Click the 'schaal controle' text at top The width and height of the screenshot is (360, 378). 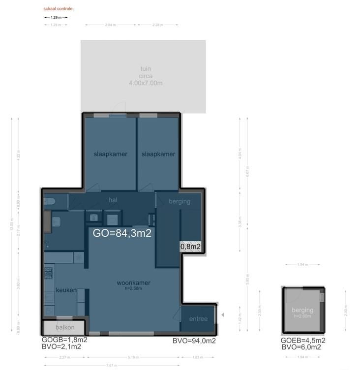click(58, 9)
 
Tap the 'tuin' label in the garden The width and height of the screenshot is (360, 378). click(145, 69)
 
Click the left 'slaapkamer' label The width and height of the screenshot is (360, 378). click(110, 154)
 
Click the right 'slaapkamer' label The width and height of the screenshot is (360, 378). click(158, 154)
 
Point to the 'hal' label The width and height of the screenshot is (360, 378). click(113, 200)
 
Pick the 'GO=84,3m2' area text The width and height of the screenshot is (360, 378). click(122, 233)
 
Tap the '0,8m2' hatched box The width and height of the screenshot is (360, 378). click(190, 247)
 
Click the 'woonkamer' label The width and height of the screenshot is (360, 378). click(133, 283)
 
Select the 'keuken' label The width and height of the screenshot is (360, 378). click(66, 290)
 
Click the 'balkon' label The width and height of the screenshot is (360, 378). click(64, 327)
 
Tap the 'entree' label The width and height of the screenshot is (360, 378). click(199, 319)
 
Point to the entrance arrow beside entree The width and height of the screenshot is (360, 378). click(222, 315)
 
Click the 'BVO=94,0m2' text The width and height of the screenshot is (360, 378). click(194, 341)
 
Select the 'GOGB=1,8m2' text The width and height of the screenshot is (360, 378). click(64, 340)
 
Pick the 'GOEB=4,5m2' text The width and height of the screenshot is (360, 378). click(302, 340)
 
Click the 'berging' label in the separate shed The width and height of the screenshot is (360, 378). click(302, 310)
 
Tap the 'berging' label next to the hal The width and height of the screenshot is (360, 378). click(179, 201)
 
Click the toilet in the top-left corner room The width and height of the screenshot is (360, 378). click(49, 201)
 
